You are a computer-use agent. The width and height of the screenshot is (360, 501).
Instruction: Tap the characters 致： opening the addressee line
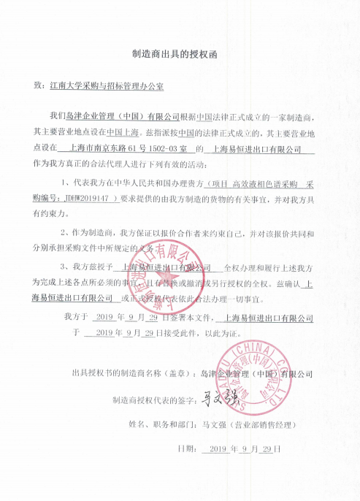pyautogui.click(x=40, y=85)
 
